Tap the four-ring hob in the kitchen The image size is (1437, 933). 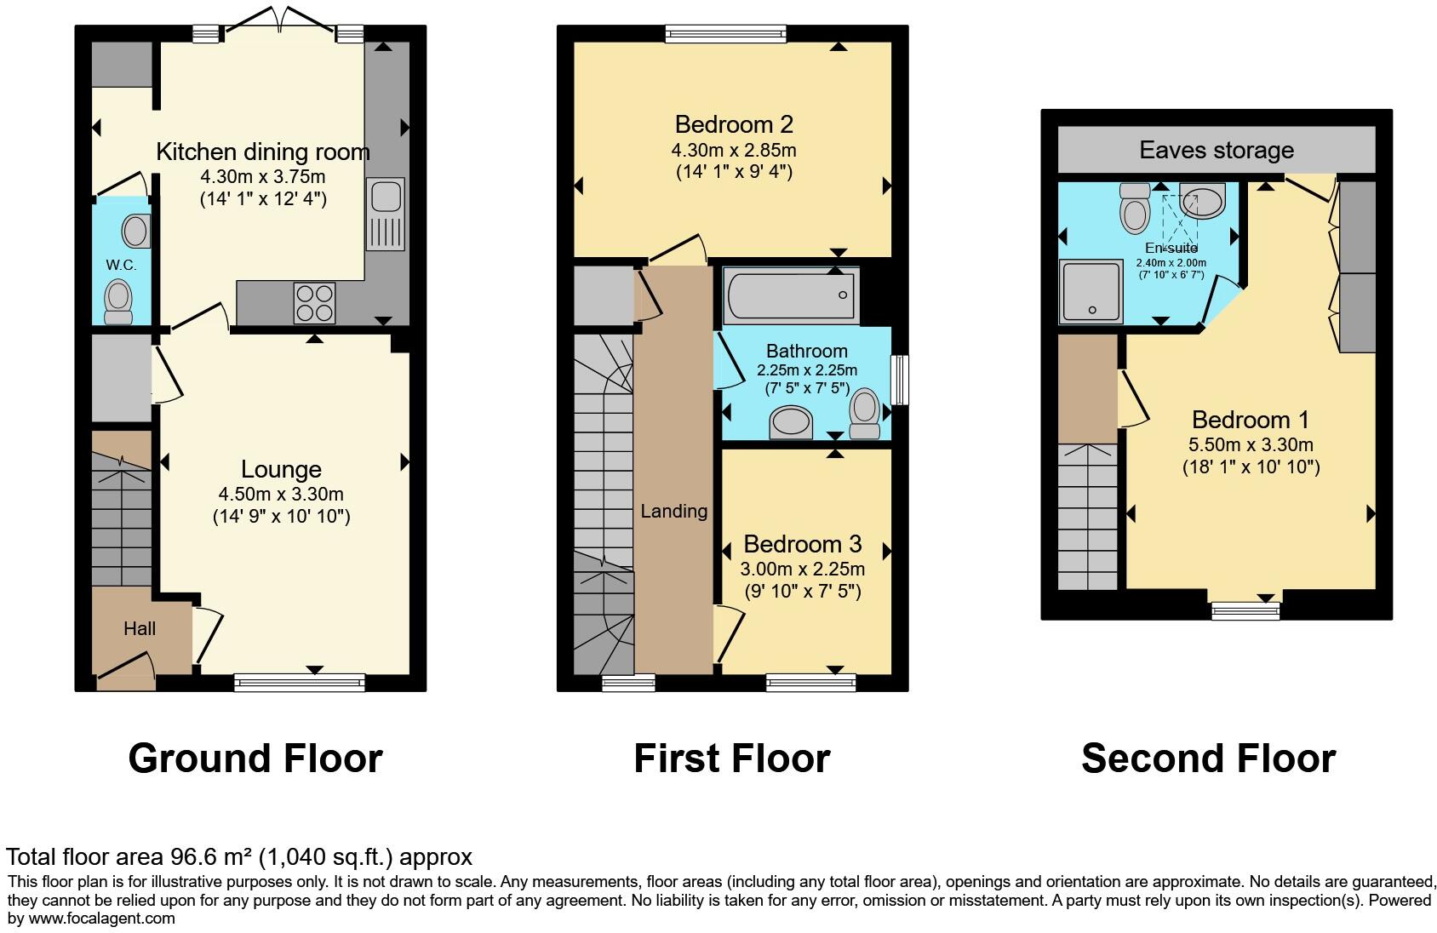click(x=314, y=302)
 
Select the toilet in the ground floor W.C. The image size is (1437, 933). click(x=117, y=303)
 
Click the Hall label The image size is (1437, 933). click(x=140, y=628)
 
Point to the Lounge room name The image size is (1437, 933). click(x=281, y=469)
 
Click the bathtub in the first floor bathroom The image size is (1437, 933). click(x=791, y=295)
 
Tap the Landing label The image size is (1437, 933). click(x=673, y=511)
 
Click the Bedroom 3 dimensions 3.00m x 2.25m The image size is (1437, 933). click(x=804, y=569)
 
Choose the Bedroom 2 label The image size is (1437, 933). click(x=734, y=124)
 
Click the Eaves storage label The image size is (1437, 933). click(x=1216, y=150)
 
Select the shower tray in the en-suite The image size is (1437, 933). click(x=1091, y=292)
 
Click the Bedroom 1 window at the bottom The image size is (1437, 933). click(x=1245, y=610)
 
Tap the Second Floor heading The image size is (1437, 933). click(x=1208, y=758)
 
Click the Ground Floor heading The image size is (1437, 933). click(x=255, y=758)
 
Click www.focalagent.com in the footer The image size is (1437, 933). click(x=101, y=918)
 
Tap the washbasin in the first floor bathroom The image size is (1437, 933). click(x=792, y=422)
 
